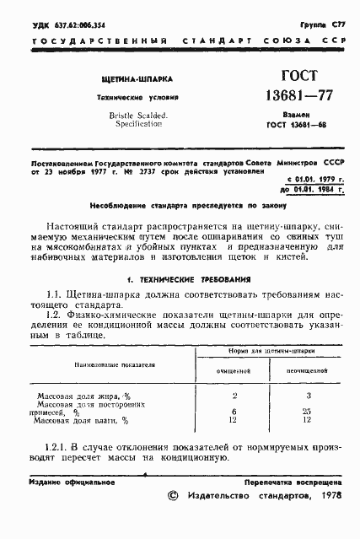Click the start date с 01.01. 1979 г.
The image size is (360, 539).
(309, 180)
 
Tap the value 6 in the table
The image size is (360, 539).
(234, 411)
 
